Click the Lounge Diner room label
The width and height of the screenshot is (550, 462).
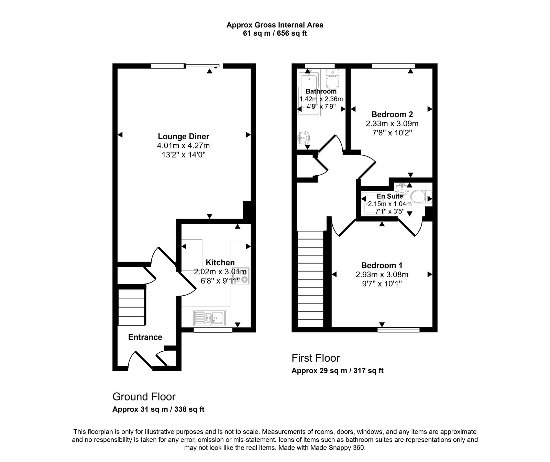[x=183, y=136]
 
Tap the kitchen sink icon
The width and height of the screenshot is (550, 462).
[x=209, y=318]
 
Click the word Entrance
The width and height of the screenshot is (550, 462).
[x=145, y=337]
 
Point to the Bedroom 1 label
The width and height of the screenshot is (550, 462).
[x=382, y=265]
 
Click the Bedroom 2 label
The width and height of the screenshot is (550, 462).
[x=392, y=114]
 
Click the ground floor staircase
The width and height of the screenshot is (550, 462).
[x=131, y=307]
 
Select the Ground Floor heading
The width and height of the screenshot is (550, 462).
[x=144, y=397]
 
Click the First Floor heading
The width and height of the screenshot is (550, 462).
[x=316, y=358]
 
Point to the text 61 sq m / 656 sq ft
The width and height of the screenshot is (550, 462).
[x=275, y=34]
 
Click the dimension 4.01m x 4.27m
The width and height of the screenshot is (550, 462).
[x=183, y=146]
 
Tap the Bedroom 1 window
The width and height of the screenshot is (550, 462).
[x=398, y=330]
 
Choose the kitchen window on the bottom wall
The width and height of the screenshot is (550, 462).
[x=213, y=330]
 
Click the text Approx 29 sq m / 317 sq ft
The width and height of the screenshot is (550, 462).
[x=337, y=371]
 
